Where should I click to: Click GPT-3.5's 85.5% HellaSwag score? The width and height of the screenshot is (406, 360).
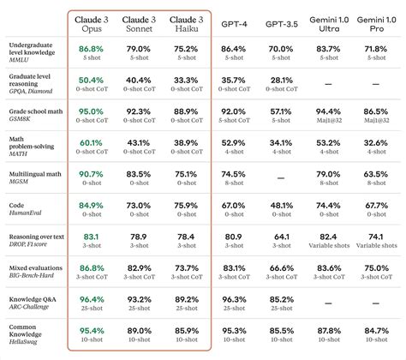[279, 330]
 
